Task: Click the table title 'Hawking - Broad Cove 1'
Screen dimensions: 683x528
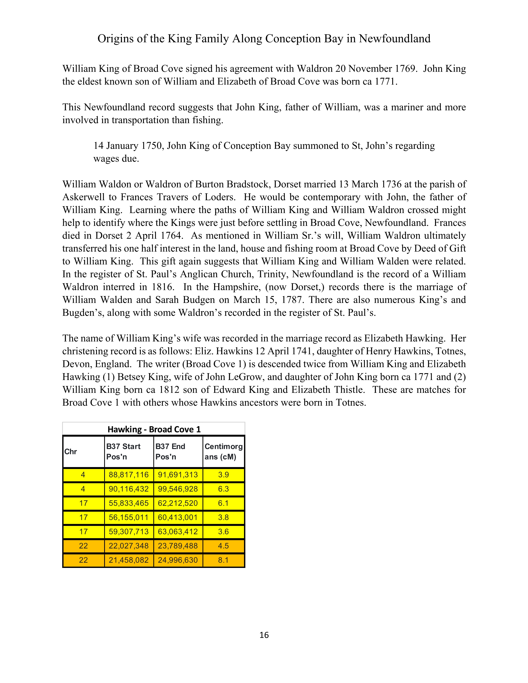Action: point(154,429)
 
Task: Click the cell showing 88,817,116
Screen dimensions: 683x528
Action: point(129,475)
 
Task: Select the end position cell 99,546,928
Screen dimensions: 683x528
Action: point(178,489)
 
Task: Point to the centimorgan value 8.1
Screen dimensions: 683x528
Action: point(223,560)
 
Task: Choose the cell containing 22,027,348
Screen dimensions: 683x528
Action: point(129,546)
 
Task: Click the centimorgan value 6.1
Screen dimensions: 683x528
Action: point(223,503)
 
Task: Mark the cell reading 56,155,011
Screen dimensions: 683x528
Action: point(129,517)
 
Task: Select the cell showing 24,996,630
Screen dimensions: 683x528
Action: point(178,560)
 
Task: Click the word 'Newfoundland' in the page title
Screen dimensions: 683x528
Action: point(394,38)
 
